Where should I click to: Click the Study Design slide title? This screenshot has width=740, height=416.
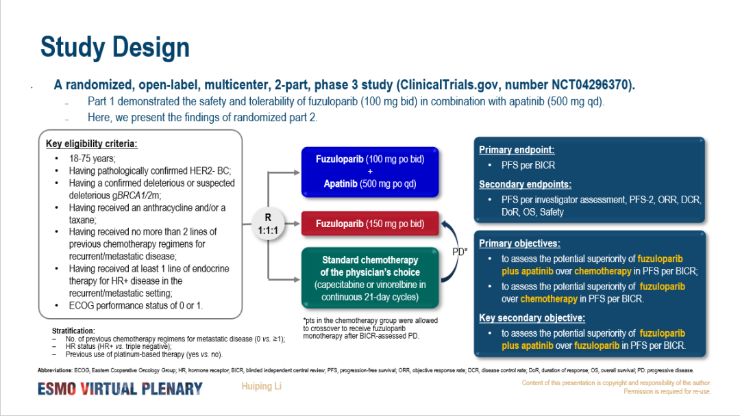click(114, 47)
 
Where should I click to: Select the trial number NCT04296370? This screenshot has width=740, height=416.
click(592, 86)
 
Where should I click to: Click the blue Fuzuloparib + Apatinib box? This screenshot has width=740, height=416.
click(370, 171)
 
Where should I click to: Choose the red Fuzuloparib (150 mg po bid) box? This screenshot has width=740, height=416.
click(370, 224)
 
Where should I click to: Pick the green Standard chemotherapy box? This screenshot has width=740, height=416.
click(370, 278)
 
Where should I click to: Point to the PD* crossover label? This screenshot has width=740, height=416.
click(460, 251)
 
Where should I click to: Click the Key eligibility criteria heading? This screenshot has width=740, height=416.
click(91, 144)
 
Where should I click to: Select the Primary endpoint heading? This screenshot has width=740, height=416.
click(517, 150)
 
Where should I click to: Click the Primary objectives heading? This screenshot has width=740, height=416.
click(519, 244)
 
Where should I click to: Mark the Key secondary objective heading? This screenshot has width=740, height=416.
click(532, 318)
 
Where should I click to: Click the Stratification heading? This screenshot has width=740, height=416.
click(73, 331)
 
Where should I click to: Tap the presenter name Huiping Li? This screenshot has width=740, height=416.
click(261, 387)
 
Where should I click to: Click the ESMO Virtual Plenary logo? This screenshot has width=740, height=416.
click(120, 389)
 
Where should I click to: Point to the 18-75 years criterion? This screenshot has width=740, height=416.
click(92, 158)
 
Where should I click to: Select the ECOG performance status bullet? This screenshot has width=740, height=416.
click(136, 305)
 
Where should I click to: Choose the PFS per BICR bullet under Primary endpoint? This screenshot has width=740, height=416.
click(528, 165)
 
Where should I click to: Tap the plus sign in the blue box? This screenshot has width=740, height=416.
click(370, 171)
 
